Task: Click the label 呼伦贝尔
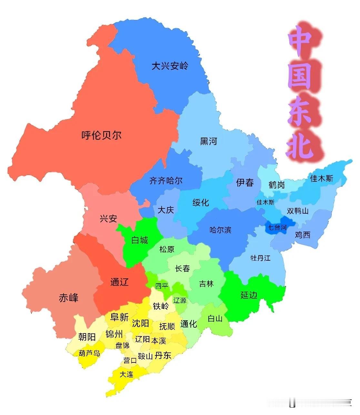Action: [x=101, y=135]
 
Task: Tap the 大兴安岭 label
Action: [x=170, y=66]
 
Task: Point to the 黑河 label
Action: [x=208, y=141]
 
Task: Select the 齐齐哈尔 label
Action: [x=166, y=181]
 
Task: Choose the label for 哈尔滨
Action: [x=221, y=230]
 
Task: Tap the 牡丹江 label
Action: [x=260, y=258]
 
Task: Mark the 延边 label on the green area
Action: [x=249, y=295]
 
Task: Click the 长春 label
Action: [x=182, y=268]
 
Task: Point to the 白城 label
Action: [x=140, y=240]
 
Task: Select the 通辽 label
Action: [x=119, y=282]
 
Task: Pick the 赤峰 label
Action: [x=68, y=298]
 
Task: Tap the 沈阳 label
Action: [x=140, y=323]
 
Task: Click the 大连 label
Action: [x=126, y=374]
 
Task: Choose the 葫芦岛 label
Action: [x=89, y=353]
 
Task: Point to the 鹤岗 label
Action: [x=276, y=185]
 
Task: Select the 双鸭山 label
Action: [x=297, y=211]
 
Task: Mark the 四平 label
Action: [x=162, y=286]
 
